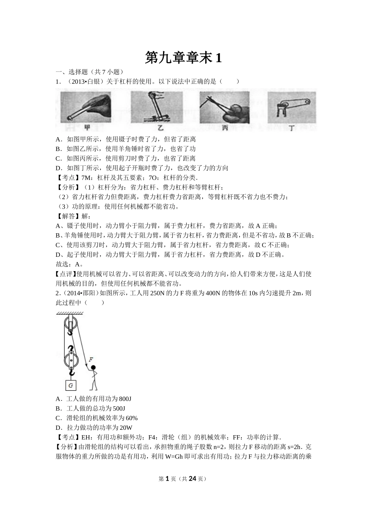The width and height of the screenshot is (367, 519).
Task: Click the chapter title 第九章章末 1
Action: point(183,58)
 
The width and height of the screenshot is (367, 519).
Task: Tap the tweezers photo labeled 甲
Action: point(86,107)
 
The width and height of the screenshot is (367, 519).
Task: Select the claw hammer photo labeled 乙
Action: point(157,107)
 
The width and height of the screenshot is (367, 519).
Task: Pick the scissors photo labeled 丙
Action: point(225,107)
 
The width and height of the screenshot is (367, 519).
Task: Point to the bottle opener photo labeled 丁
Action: point(292,107)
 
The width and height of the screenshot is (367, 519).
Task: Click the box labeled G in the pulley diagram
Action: point(71,385)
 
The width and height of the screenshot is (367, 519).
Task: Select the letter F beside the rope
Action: point(91,360)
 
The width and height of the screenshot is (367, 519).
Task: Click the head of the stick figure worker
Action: point(93,368)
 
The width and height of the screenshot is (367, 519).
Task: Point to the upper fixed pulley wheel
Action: point(70,323)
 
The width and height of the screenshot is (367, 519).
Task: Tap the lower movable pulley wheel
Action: point(71,360)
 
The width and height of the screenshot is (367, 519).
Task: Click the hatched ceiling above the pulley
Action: point(70,313)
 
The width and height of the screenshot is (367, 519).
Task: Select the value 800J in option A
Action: point(125,399)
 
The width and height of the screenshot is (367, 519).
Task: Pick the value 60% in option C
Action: point(131,418)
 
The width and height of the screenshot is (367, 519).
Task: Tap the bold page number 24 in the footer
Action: point(192,477)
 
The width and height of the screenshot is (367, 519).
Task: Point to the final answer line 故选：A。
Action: point(70,264)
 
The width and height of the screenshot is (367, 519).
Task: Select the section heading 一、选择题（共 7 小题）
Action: point(89,72)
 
